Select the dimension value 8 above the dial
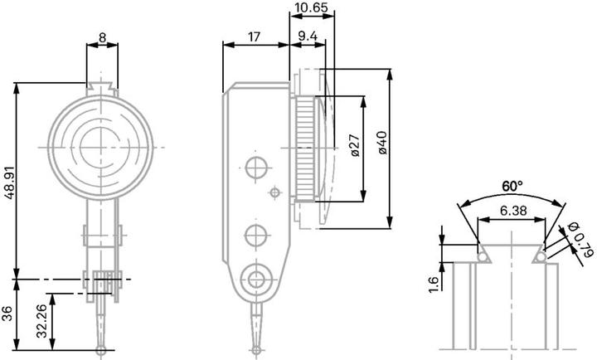tap(101, 36)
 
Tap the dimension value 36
tap(8, 314)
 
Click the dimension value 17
tap(255, 36)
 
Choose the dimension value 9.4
tap(306, 36)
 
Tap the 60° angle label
tap(512, 185)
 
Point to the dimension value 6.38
tap(512, 212)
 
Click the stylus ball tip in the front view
tap(101, 351)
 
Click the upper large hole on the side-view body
tap(255, 168)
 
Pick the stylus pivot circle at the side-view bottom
tap(256, 277)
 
